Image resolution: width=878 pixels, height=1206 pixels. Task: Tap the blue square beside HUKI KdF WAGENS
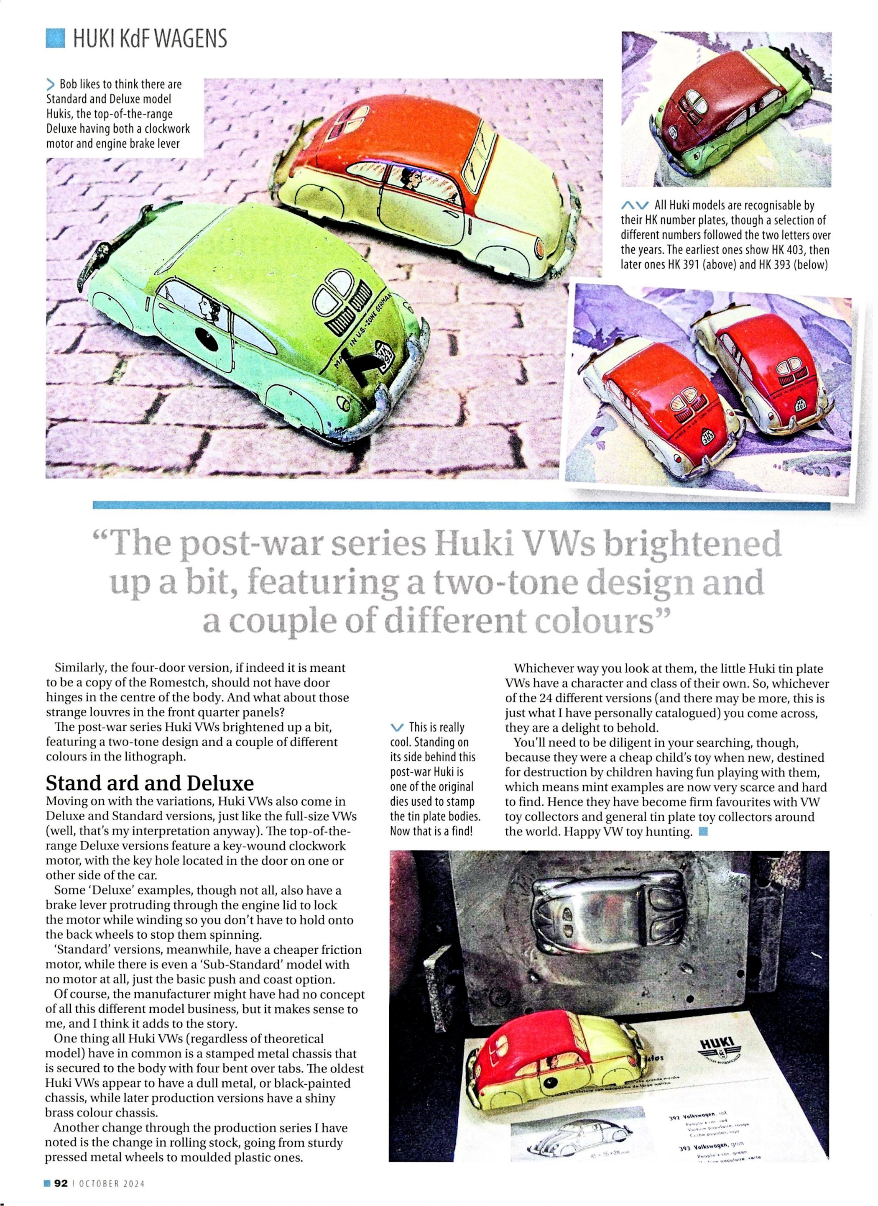pyautogui.click(x=55, y=39)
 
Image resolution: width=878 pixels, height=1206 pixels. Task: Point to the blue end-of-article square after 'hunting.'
pyautogui.click(x=704, y=831)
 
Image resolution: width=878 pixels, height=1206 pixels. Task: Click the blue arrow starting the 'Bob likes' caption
pyautogui.click(x=51, y=84)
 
